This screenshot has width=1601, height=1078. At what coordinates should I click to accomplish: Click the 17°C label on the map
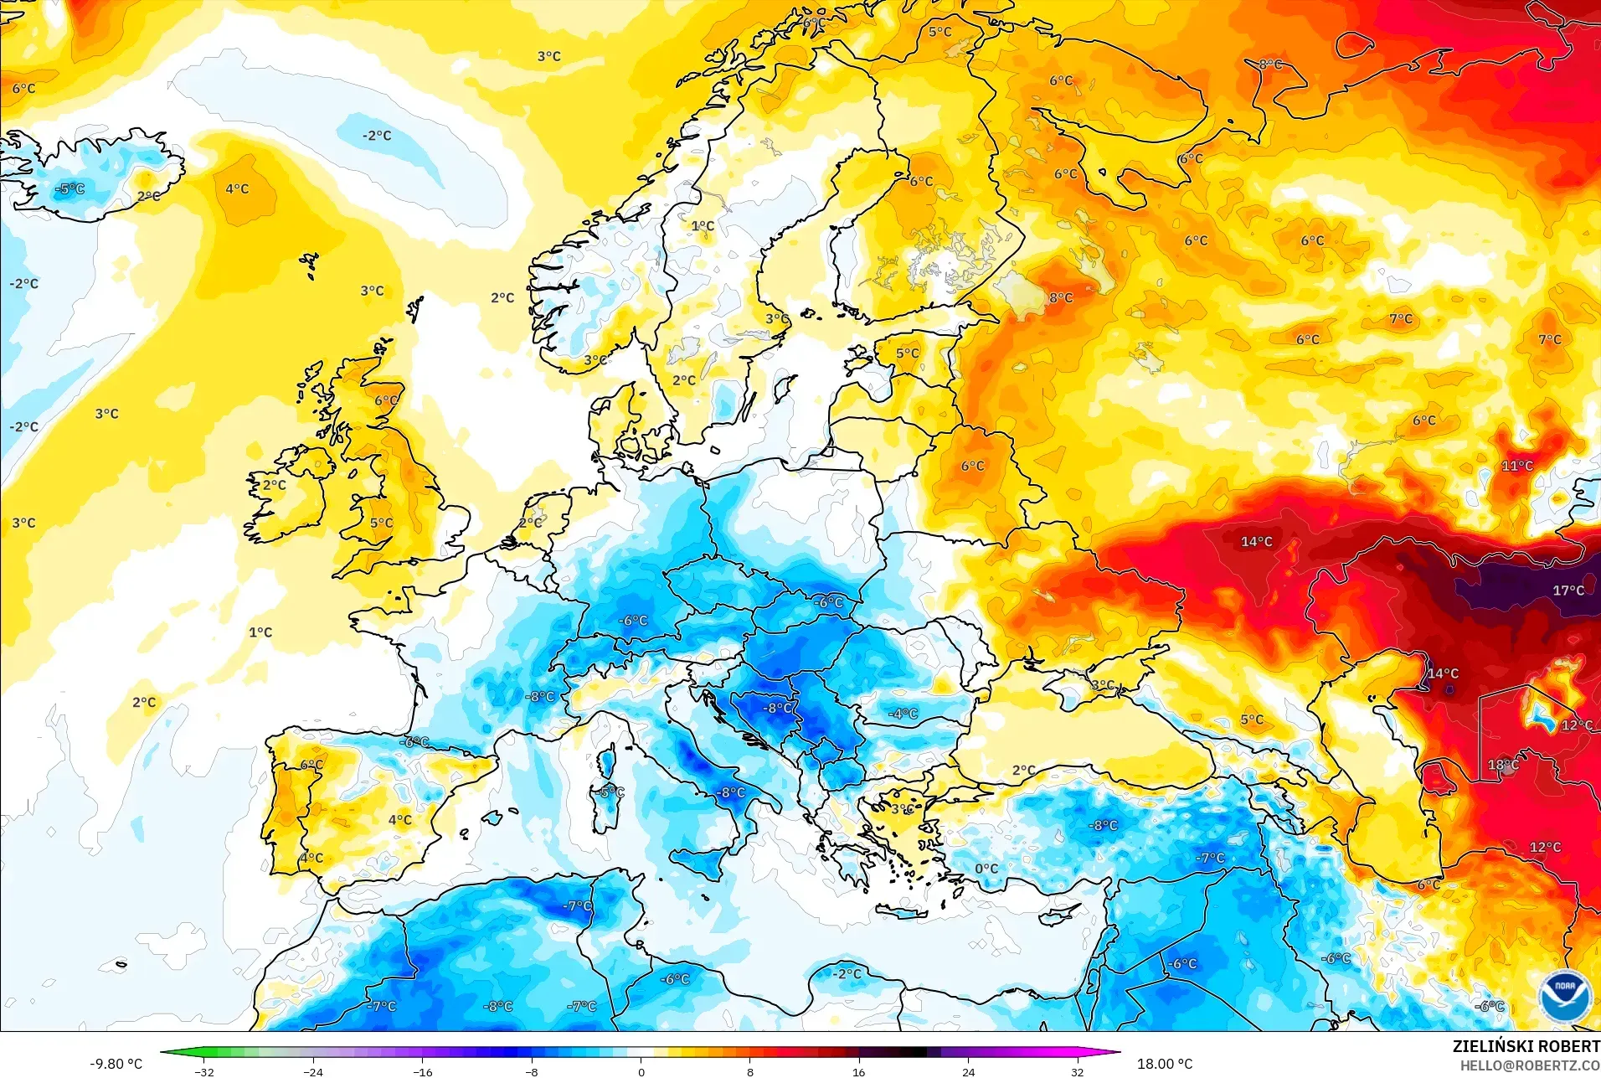pos(1568,591)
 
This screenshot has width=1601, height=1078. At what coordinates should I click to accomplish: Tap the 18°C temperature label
pos(1503,765)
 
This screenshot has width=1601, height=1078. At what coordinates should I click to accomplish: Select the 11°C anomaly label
pos(1516,466)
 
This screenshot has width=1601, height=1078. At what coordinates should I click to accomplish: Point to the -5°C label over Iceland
pos(70,189)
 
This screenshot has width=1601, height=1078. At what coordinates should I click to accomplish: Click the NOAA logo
pos(1564,994)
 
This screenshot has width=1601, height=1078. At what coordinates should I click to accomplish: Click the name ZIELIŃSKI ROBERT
pos(1525,1046)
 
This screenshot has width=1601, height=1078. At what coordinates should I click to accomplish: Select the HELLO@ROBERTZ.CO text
pos(1530,1065)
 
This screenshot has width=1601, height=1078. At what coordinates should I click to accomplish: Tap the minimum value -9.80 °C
pos(116,1064)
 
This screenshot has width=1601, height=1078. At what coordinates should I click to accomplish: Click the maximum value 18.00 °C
pos(1164,1064)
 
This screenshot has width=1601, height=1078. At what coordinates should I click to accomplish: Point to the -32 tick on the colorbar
pos(204,1071)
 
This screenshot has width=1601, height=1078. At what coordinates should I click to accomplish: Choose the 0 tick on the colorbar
pos(641,1071)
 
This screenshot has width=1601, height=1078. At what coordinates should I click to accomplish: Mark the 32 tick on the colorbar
pos(1077,1071)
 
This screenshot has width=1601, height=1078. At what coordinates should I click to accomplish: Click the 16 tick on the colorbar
pos(859,1071)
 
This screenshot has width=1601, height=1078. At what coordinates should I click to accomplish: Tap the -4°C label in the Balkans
pos(903,714)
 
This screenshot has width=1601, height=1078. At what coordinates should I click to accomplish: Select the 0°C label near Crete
pos(986,869)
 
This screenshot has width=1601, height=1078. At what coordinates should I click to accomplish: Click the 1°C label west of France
pos(260,632)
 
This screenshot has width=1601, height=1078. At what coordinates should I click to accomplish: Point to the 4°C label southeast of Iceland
pos(237,189)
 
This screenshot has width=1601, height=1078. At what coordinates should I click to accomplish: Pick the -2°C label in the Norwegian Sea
pos(377,136)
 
